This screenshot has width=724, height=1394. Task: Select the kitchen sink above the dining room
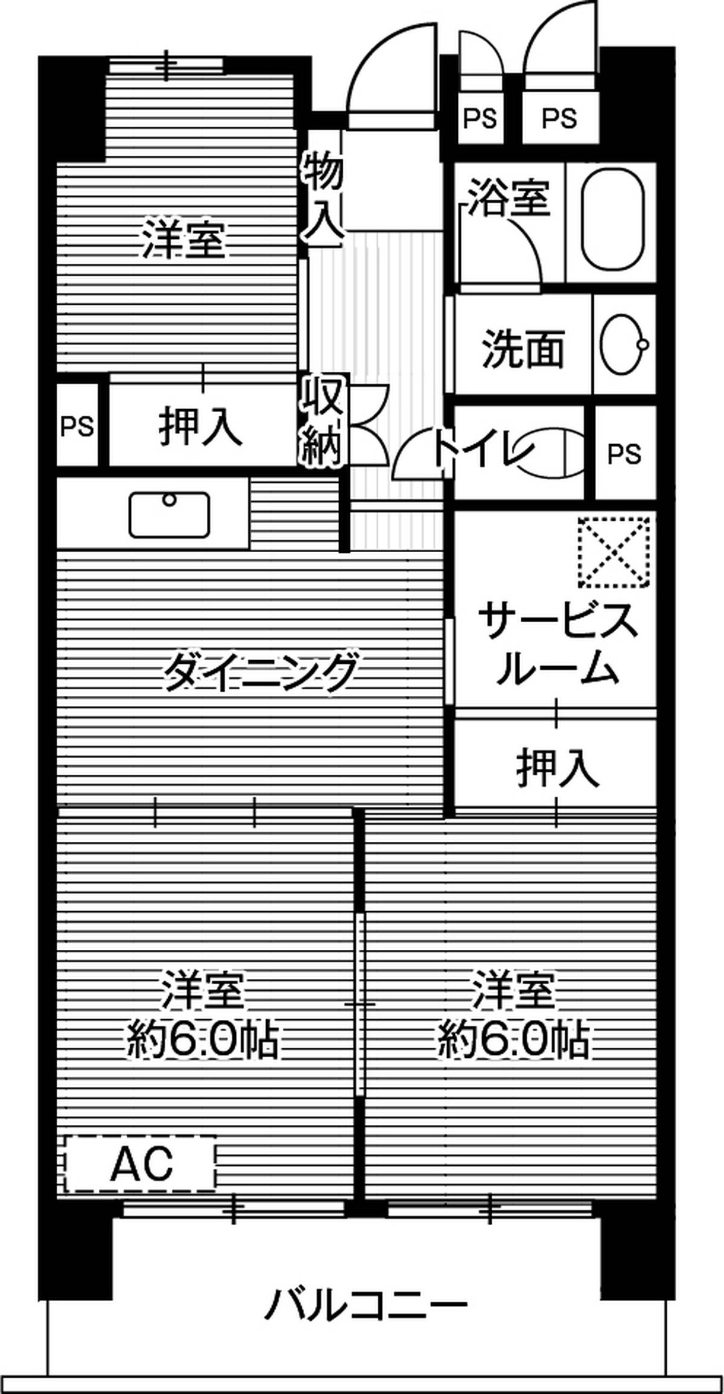click(170, 514)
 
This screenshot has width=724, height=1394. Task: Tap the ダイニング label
click(259, 671)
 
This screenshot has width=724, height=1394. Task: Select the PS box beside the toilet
click(624, 454)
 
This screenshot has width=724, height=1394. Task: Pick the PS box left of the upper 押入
click(77, 427)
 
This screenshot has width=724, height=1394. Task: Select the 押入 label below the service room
click(557, 768)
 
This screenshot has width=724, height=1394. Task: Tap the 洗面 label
click(522, 348)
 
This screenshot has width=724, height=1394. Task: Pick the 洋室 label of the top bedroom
click(183, 240)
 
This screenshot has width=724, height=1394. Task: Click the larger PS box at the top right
click(559, 118)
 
